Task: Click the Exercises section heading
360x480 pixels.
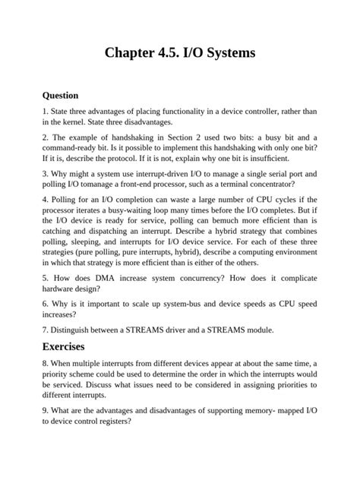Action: pyautogui.click(x=68, y=346)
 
